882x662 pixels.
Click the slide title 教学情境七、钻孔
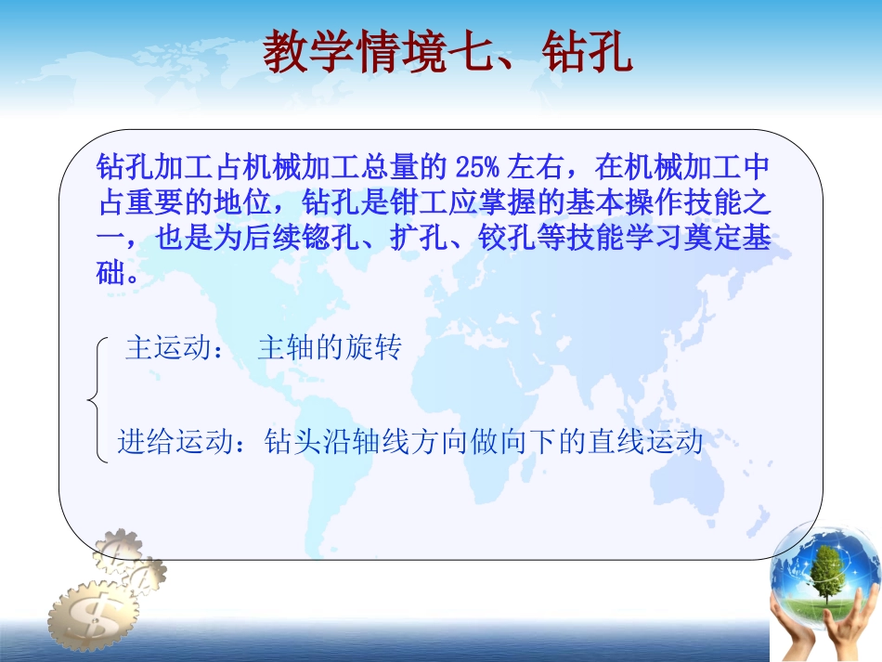[448, 53]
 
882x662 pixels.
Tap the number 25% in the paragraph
[478, 168]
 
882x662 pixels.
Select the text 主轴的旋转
[329, 349]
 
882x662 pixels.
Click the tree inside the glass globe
[826, 569]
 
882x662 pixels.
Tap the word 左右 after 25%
[533, 168]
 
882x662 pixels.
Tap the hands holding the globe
[826, 628]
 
